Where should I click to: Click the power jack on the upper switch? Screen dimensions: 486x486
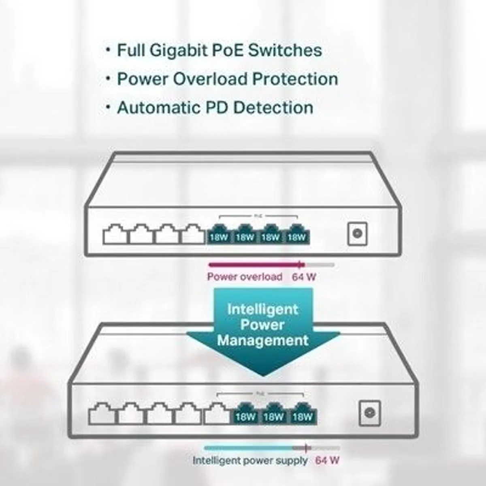[357, 233]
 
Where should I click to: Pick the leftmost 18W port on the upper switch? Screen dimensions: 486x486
[219, 235]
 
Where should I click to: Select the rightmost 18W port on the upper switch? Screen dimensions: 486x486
[297, 235]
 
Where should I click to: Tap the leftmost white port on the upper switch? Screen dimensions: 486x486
[116, 235]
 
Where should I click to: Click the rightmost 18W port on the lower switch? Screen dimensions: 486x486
[303, 414]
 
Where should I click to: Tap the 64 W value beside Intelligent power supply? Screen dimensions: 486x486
[327, 460]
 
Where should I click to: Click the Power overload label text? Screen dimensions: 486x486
[245, 277]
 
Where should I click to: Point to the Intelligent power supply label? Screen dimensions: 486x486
[250, 460]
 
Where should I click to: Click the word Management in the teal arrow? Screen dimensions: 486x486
[263, 340]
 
